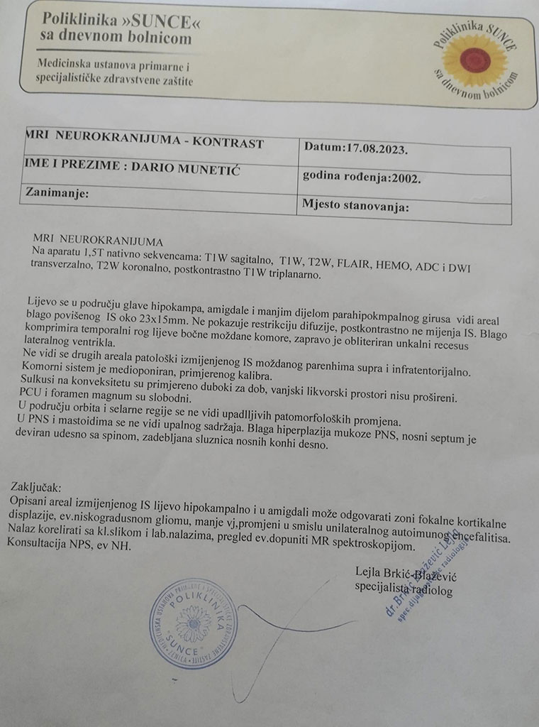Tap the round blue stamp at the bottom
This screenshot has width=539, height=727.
coord(193,623)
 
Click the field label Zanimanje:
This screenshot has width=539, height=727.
coord(57,192)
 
